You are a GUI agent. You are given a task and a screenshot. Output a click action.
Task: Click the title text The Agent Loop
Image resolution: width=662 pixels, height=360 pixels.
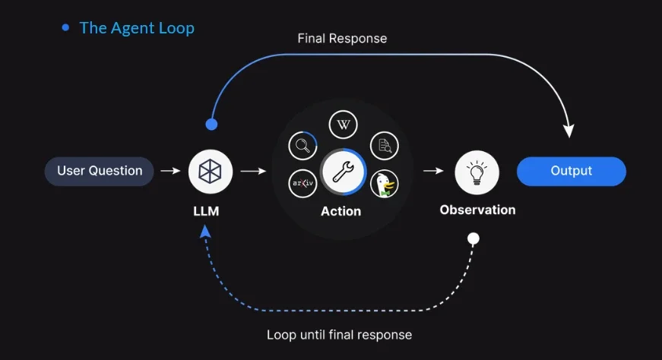(137, 28)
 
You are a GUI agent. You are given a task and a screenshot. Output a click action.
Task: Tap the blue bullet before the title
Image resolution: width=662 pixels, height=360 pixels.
(65, 27)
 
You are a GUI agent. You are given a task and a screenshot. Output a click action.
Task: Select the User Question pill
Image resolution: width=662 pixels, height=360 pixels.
(100, 171)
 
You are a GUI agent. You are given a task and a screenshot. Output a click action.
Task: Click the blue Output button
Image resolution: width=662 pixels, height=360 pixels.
(571, 171)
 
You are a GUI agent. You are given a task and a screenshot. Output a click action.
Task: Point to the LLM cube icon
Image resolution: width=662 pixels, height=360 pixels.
(211, 171)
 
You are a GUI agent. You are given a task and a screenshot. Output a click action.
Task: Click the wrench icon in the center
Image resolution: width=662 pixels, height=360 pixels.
(343, 171)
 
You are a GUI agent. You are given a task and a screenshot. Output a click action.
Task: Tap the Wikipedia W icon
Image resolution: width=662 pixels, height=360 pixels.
(343, 125)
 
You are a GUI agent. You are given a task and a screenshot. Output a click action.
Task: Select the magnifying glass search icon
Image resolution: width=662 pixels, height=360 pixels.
(302, 144)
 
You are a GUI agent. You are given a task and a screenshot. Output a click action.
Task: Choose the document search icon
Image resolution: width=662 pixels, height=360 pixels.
(384, 144)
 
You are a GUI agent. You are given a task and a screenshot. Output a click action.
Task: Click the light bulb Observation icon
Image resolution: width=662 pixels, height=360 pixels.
(477, 171)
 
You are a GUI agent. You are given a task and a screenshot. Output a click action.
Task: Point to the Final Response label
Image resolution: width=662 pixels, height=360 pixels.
(342, 38)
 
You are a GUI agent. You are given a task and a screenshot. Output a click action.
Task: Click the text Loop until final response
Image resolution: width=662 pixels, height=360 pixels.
(339, 335)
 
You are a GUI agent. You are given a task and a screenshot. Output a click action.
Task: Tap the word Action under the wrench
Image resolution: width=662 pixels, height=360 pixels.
(341, 211)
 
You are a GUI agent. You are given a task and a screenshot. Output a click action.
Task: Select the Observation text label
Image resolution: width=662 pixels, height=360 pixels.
(477, 210)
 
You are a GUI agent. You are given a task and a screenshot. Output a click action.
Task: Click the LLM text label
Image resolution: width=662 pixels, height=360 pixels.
(206, 211)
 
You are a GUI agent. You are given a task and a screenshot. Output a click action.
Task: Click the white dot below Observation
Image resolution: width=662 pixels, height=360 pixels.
(473, 238)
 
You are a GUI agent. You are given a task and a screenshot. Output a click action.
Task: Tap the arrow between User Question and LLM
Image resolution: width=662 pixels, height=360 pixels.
(171, 171)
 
